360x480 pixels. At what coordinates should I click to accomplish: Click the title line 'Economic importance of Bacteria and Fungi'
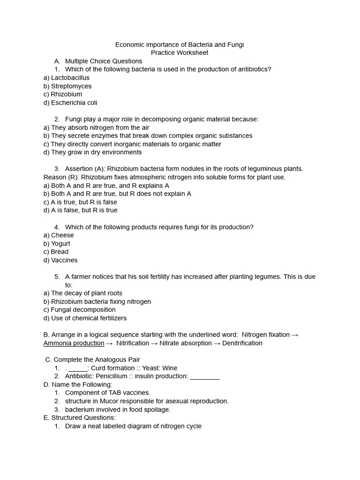pyautogui.click(x=180, y=45)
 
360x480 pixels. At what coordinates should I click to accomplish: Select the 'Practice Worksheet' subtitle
pyautogui.click(x=180, y=53)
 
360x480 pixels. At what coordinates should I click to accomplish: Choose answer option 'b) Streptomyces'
pyautogui.click(x=67, y=86)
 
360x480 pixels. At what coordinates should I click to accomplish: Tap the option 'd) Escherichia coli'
pyautogui.click(x=70, y=103)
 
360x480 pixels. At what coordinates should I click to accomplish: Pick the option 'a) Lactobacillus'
pyautogui.click(x=66, y=78)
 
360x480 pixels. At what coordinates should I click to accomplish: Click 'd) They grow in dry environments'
pyautogui.click(x=92, y=152)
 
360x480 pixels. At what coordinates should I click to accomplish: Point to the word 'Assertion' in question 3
pyautogui.click(x=80, y=169)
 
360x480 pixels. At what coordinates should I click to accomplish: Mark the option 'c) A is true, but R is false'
pyautogui.click(x=80, y=202)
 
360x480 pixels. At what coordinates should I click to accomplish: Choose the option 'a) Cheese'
pyautogui.click(x=59, y=235)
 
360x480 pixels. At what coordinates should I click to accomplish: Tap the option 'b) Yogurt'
pyautogui.click(x=57, y=244)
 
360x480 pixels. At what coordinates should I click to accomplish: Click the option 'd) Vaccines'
pyautogui.click(x=60, y=260)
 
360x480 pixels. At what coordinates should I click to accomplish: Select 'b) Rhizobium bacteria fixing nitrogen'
pyautogui.click(x=97, y=302)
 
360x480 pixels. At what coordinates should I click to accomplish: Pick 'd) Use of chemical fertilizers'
pyautogui.click(x=85, y=318)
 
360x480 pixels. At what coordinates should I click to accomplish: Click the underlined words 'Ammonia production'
pyautogui.click(x=74, y=343)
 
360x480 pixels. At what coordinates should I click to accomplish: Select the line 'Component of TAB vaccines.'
pyautogui.click(x=108, y=393)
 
